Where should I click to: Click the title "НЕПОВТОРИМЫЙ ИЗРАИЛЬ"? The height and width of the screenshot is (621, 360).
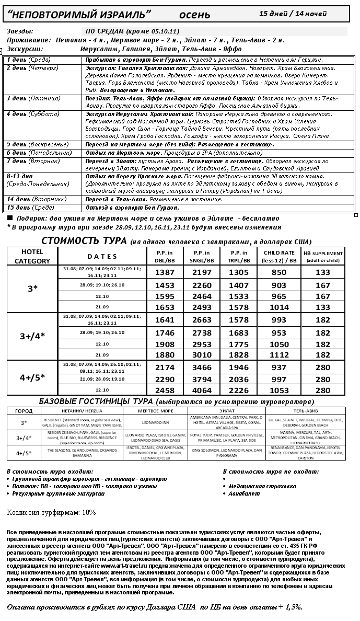pyautogui.click(x=79, y=13)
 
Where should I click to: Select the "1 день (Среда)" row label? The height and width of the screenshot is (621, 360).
pyautogui.click(x=28, y=60)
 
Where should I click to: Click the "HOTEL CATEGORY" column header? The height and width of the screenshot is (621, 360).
pyautogui.click(x=32, y=256)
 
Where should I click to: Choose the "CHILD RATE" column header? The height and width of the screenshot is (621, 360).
pyautogui.click(x=280, y=256)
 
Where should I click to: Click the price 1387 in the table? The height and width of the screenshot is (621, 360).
pyautogui.click(x=165, y=272)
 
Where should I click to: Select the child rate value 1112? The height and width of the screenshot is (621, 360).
pyautogui.click(x=280, y=355)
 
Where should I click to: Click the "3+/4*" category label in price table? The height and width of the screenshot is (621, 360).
pyautogui.click(x=32, y=336)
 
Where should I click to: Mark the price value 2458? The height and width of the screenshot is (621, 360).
pyautogui.click(x=165, y=390)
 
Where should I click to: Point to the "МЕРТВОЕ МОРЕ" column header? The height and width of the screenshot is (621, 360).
pyautogui.click(x=156, y=411)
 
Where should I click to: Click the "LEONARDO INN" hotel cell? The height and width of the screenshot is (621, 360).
pyautogui.click(x=156, y=422)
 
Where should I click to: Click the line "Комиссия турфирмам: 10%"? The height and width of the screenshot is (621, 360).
pyautogui.click(x=51, y=512)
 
